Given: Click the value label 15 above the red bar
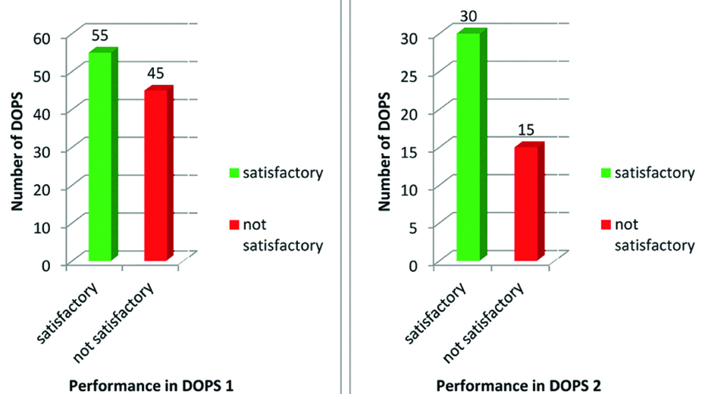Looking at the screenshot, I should pyautogui.click(x=527, y=130).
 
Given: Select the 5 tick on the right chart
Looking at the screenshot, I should pyautogui.click(x=415, y=227).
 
